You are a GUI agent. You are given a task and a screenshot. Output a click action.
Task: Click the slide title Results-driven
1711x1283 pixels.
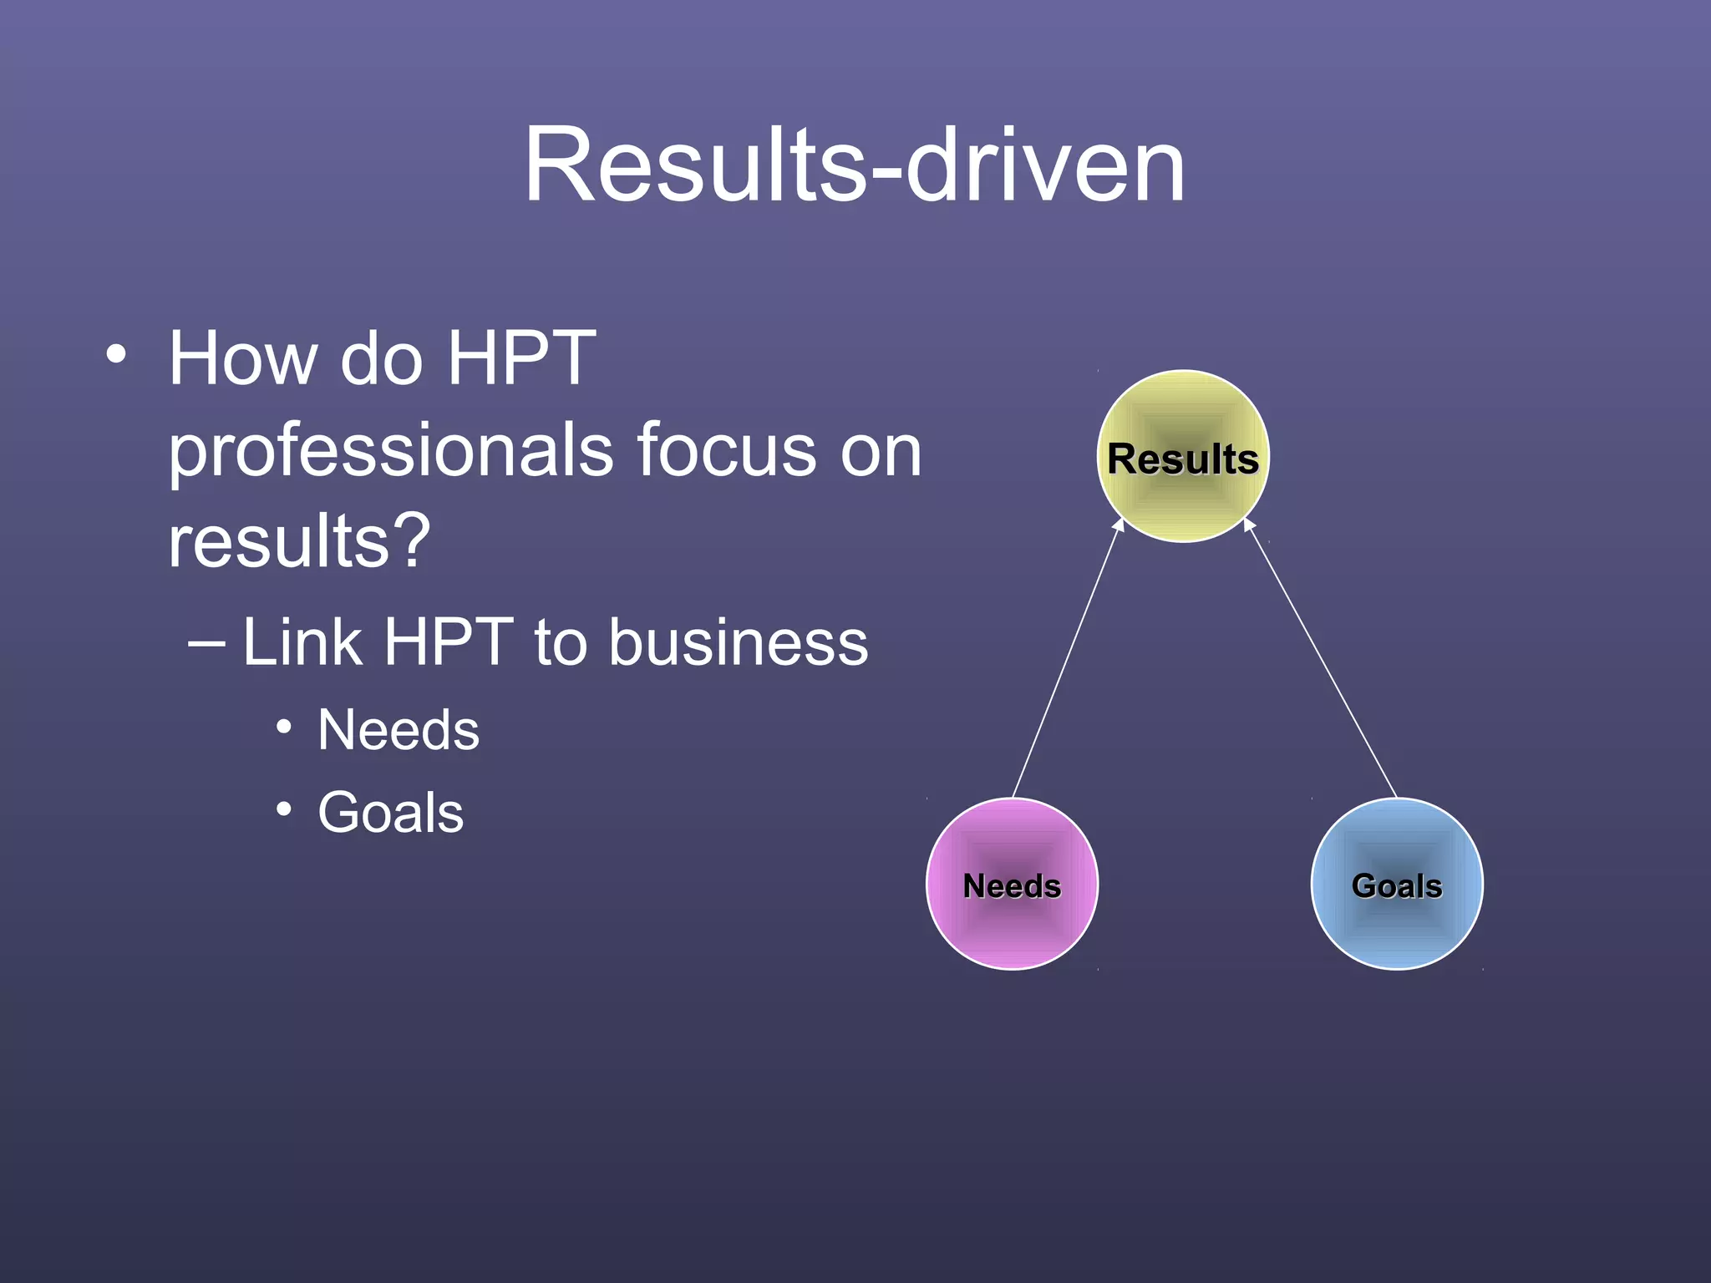[x=854, y=165]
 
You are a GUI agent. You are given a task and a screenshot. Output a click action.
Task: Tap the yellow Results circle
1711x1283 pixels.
[x=1182, y=456]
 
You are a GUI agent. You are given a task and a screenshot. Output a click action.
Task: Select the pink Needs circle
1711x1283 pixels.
[x=1012, y=884]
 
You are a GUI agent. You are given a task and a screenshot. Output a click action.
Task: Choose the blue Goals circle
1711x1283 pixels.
[x=1397, y=884]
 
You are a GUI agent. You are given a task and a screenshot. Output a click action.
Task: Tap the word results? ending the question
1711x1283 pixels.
[x=299, y=541]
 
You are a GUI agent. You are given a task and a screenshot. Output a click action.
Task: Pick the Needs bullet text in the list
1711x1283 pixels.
[x=399, y=730]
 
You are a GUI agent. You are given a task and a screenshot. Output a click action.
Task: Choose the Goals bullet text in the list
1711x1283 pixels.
[x=390, y=813]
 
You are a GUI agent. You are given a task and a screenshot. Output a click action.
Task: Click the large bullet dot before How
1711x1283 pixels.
[x=116, y=354]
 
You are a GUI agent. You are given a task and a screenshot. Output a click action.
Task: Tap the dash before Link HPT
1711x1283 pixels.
[x=206, y=644]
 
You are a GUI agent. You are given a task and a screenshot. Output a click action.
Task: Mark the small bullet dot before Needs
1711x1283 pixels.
[x=284, y=728]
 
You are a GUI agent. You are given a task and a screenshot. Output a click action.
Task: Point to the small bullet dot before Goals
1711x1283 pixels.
[x=284, y=809]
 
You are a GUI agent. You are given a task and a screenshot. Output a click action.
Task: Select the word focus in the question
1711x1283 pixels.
[x=726, y=451]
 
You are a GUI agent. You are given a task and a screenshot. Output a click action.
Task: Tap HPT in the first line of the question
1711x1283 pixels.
[x=521, y=359]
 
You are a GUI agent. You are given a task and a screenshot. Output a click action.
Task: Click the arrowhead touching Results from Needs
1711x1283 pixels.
[x=1120, y=525]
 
